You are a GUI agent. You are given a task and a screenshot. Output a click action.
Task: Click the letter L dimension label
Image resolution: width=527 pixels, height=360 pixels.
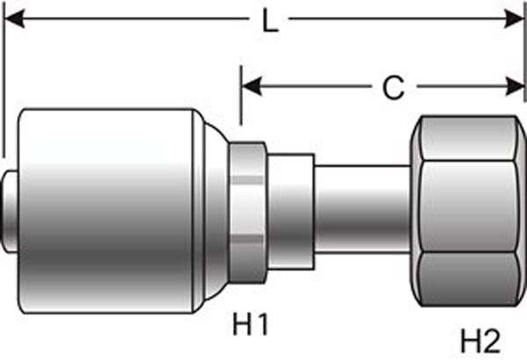point(271,20)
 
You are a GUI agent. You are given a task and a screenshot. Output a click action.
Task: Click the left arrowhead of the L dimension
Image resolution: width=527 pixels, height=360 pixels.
point(12,18)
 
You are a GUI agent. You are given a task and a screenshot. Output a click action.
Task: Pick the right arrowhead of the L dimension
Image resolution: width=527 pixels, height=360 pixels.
point(517,18)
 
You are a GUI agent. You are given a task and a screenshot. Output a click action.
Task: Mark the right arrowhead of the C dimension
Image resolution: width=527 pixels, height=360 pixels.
point(517,86)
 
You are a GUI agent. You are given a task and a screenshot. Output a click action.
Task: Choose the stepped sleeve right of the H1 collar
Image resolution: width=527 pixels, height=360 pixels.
point(290,210)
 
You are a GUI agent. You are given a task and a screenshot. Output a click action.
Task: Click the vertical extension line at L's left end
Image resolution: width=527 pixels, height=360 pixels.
point(3,88)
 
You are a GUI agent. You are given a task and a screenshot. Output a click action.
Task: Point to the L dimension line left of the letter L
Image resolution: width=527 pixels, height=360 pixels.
point(132,18)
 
